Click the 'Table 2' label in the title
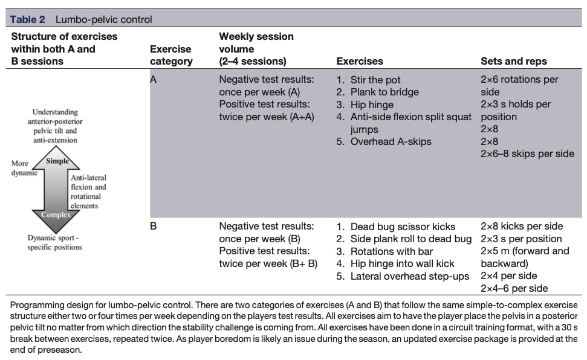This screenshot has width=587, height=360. pyautogui.click(x=27, y=19)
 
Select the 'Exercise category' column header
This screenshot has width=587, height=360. pyautogui.click(x=171, y=55)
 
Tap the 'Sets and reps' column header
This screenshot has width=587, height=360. pyautogui.click(x=513, y=61)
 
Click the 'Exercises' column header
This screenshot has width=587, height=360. pyautogui.click(x=360, y=61)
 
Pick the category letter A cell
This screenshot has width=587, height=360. pyautogui.click(x=154, y=79)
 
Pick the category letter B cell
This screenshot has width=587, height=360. pyautogui.click(x=154, y=227)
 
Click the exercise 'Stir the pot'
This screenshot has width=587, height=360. pyautogui.click(x=375, y=80)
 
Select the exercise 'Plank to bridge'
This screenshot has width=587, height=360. pyautogui.click(x=384, y=92)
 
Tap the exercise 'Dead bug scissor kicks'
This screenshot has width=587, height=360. pyautogui.click(x=402, y=227)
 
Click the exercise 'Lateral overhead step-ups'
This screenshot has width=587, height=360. pyautogui.click(x=409, y=276)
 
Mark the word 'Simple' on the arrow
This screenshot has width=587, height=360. pyautogui.click(x=57, y=161)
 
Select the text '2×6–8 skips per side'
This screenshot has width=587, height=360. pyautogui.click(x=527, y=154)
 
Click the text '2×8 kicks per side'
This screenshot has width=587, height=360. pyautogui.click(x=522, y=227)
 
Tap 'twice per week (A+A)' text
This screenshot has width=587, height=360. pyautogui.click(x=267, y=117)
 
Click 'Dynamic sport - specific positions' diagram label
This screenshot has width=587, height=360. pyautogui.click(x=54, y=242)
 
